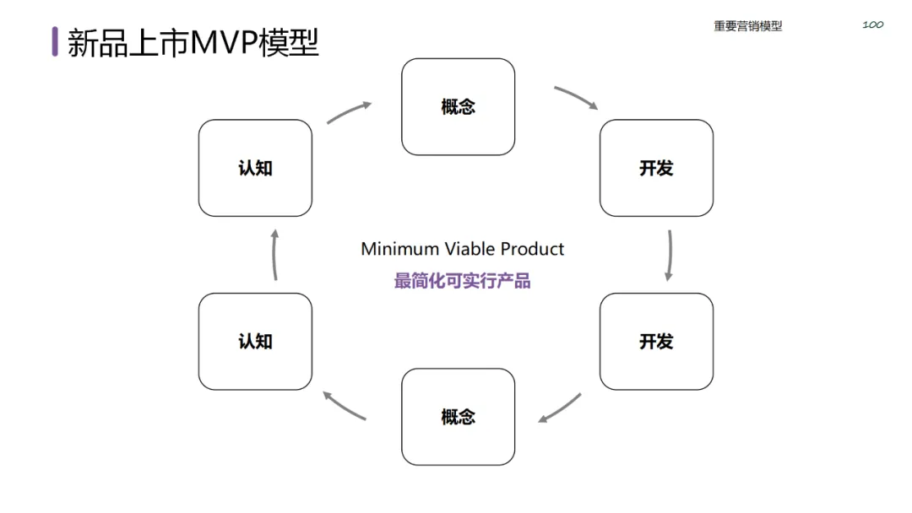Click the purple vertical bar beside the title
[x=55, y=41]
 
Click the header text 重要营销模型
[x=747, y=26]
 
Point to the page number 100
[x=872, y=24]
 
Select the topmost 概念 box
[x=458, y=107]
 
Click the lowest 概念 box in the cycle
[x=458, y=417]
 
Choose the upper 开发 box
[x=656, y=168]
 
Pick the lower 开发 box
[x=656, y=342]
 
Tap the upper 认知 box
[x=255, y=168]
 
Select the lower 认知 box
[x=255, y=342]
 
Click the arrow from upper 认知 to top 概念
[x=348, y=113]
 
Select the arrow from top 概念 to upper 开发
[x=576, y=97]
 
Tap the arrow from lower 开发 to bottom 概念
[x=560, y=408]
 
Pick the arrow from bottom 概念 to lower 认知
[x=345, y=406]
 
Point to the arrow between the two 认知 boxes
[x=274, y=253]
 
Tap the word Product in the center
[x=533, y=249]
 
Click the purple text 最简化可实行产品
[x=462, y=281]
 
